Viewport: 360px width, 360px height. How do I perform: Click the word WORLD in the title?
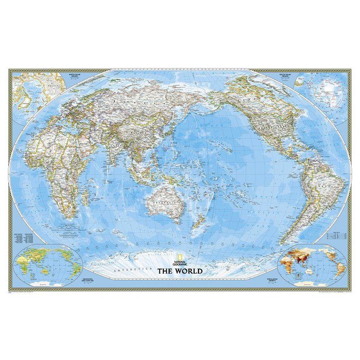pos(191,271)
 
